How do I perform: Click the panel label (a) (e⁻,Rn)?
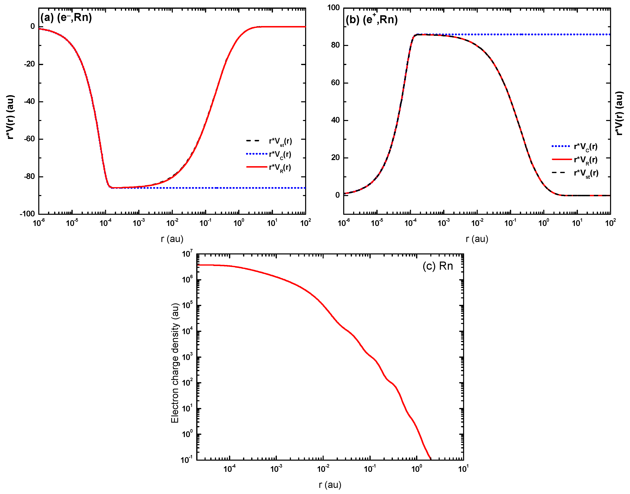click(x=66, y=18)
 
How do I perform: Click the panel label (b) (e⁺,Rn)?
click(x=371, y=19)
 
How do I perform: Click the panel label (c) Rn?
click(x=437, y=266)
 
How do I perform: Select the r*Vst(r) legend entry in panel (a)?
click(x=280, y=141)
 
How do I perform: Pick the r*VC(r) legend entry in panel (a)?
click(x=280, y=154)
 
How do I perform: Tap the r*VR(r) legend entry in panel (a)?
click(x=280, y=167)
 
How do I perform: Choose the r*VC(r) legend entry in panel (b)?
click(x=585, y=147)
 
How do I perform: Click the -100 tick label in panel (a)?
click(x=27, y=214)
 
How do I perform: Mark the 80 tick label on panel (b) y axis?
click(x=335, y=45)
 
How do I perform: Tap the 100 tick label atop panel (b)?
click(x=334, y=8)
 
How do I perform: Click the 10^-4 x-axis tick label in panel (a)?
click(x=106, y=222)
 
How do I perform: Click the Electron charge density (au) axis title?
click(x=175, y=363)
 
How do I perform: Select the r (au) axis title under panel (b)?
click(x=477, y=239)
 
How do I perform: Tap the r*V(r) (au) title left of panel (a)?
click(x=10, y=117)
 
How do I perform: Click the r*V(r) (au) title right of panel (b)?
click(x=619, y=113)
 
